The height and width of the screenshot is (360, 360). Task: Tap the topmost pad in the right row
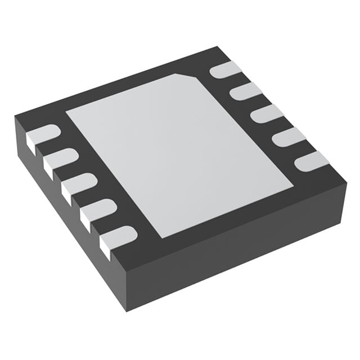pyautogui.click(x=225, y=70)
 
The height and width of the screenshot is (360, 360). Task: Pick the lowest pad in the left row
pyautogui.click(x=118, y=236)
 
